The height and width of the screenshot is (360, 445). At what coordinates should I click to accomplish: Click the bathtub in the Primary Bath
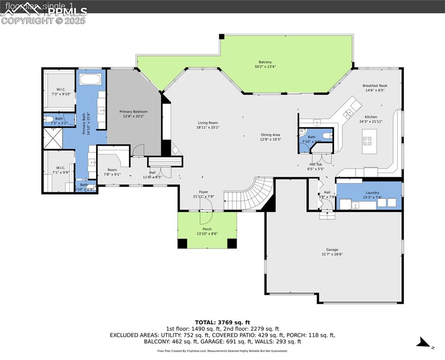tap(90, 79)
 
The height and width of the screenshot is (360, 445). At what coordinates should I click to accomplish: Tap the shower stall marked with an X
tap(52, 138)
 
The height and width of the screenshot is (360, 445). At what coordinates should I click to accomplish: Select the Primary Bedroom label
tap(133, 112)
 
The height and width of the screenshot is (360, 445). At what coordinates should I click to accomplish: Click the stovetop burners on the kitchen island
tap(368, 141)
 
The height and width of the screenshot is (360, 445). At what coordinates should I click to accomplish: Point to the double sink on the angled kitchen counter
tap(349, 113)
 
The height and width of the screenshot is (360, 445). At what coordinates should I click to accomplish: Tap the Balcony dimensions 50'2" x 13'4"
tap(265, 67)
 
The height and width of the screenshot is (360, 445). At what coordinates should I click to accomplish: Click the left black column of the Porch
tap(182, 243)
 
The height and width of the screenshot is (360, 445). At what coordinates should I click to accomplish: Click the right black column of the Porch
tap(232, 243)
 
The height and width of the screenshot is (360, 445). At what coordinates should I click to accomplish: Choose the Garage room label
tap(332, 250)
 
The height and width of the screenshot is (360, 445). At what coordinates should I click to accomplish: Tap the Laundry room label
tap(372, 193)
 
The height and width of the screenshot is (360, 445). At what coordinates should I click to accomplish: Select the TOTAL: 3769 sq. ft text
tap(222, 322)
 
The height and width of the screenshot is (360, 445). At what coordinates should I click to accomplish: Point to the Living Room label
tap(208, 123)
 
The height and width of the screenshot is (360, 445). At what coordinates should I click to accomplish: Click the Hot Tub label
tap(315, 164)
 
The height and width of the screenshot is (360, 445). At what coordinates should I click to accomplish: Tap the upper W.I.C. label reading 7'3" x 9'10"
tap(61, 89)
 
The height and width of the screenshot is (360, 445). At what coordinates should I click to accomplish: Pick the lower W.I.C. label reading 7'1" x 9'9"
tap(60, 167)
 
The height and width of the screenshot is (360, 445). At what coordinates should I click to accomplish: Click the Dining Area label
tap(270, 135)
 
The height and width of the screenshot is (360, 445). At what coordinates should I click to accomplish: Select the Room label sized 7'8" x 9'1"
tap(112, 170)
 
